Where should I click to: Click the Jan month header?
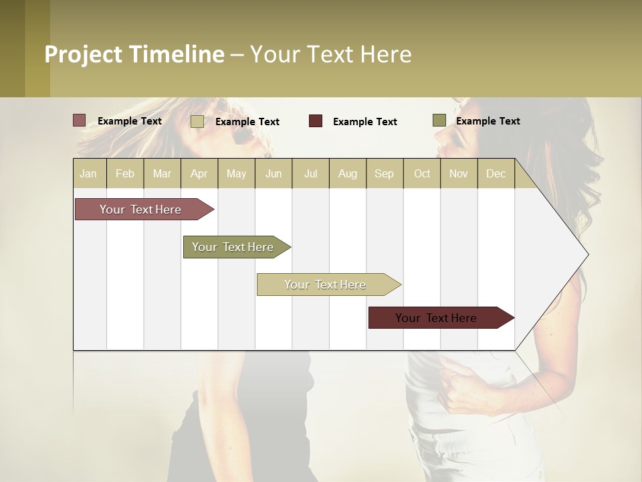click(88, 173)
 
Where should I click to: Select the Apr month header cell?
click(199, 173)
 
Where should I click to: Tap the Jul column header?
click(310, 173)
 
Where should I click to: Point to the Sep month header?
click(384, 173)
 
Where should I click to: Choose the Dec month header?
click(496, 173)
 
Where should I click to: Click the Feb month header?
click(125, 173)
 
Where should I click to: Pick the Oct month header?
click(422, 173)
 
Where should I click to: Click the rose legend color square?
click(79, 120)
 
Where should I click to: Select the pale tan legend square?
click(197, 121)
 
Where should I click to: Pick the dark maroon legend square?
click(316, 121)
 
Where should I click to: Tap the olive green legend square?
click(439, 120)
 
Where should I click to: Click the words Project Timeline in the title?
click(134, 54)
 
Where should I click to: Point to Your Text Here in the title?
click(330, 54)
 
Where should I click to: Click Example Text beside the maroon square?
click(364, 121)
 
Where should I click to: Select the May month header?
click(236, 173)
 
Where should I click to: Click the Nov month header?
click(459, 173)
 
